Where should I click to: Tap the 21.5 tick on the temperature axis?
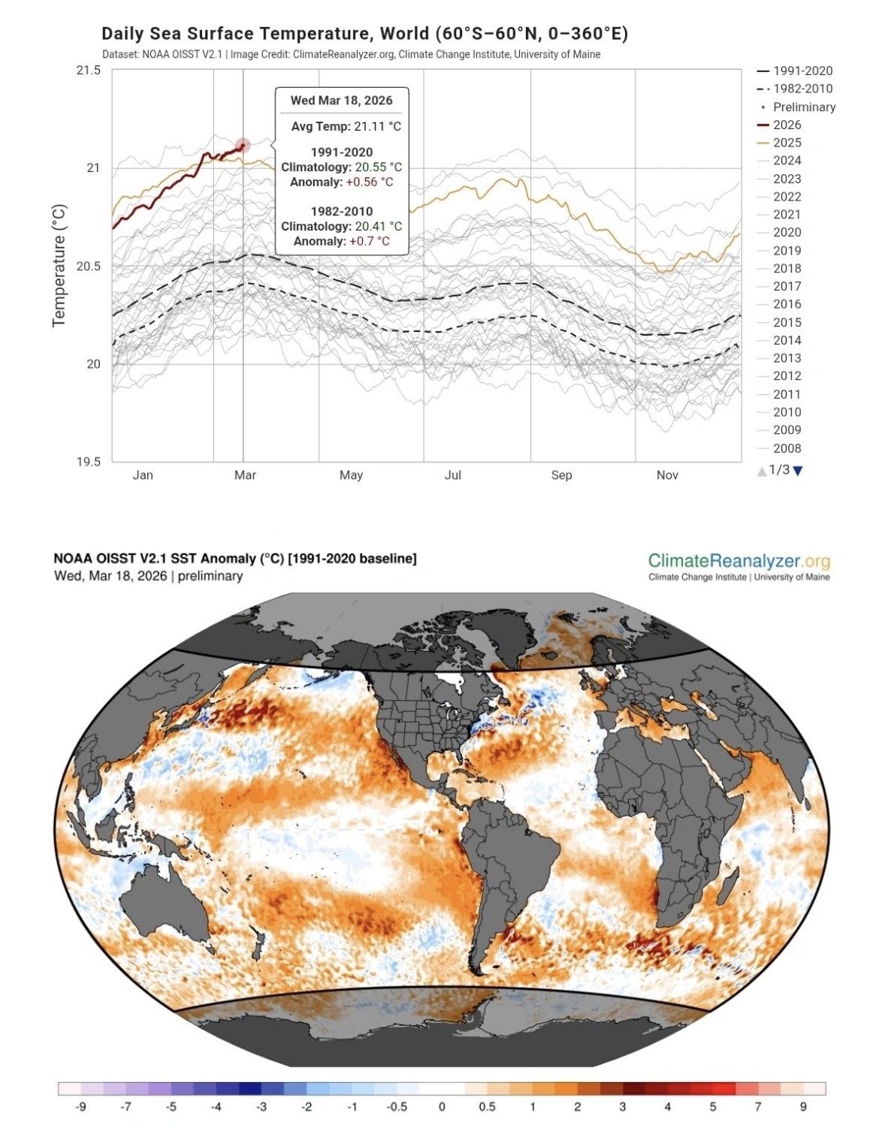tap(88, 70)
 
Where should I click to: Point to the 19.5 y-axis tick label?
tap(88, 461)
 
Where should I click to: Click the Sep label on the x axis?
tap(561, 475)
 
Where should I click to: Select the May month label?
tap(351, 475)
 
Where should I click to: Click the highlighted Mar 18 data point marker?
tap(242, 145)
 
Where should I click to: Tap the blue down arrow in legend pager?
tap(798, 471)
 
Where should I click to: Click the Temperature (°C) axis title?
tap(59, 265)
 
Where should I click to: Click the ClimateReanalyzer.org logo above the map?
tap(739, 561)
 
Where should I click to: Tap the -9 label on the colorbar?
tap(80, 1106)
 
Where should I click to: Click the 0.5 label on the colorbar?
tap(487, 1106)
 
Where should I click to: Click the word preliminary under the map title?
tap(210, 576)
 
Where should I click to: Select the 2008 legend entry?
tap(787, 448)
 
